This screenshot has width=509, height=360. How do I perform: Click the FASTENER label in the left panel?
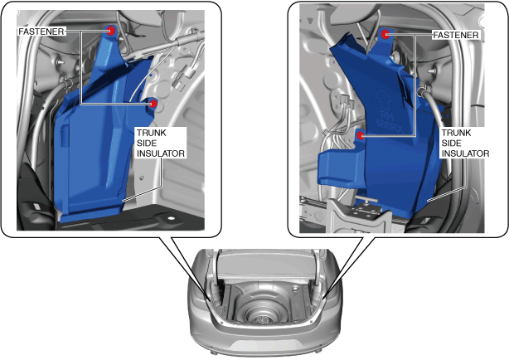[41, 32]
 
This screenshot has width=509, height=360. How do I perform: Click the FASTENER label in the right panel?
[456, 35]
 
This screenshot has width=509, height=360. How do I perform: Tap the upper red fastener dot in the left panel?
[111, 31]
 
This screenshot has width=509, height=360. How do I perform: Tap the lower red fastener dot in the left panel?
[153, 104]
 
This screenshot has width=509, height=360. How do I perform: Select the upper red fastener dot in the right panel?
[385, 34]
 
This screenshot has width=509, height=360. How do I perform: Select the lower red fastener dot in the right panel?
[361, 135]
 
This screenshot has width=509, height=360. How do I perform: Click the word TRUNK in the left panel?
[151, 133]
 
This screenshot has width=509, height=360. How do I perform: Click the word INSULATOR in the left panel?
[161, 153]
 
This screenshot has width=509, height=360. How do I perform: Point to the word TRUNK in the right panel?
[456, 133]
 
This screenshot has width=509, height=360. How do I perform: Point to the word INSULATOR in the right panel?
[466, 153]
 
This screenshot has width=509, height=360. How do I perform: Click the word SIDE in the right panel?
[451, 143]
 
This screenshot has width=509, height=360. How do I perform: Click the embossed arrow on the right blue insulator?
[384, 99]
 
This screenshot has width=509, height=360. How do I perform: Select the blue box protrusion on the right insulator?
[337, 168]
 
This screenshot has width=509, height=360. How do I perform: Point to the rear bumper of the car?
[265, 341]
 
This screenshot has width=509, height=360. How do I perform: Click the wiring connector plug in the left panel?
[182, 77]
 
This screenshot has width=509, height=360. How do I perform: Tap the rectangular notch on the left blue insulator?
[65, 134]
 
